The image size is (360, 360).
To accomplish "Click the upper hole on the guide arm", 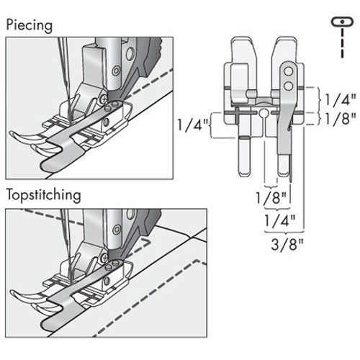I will pyautogui.click(x=287, y=72).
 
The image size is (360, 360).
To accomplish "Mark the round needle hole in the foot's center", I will pyautogui.click(x=264, y=114).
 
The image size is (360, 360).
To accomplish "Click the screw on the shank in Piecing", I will pyautogui.click(x=106, y=95).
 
